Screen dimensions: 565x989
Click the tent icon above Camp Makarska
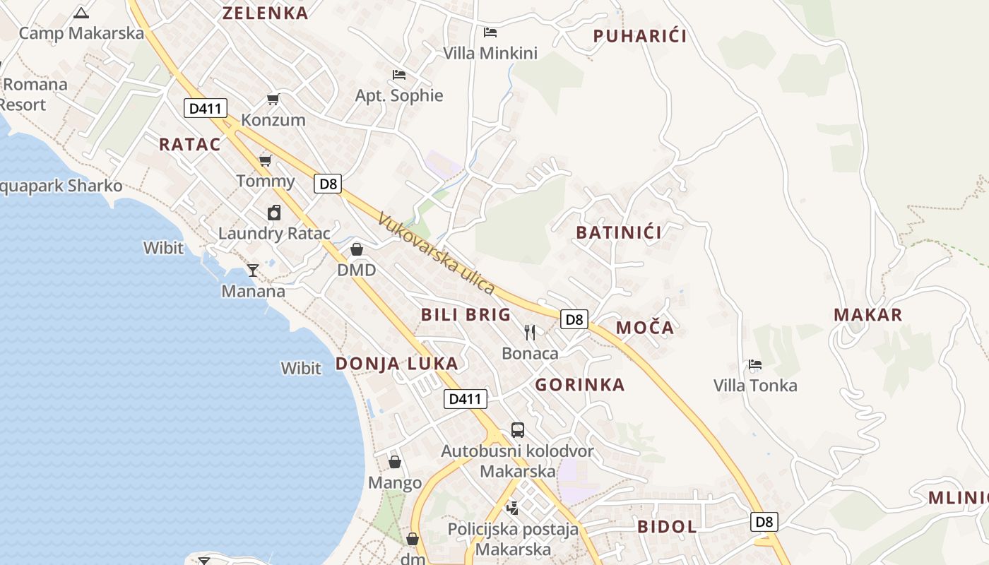82,13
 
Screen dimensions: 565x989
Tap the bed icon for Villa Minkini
490,32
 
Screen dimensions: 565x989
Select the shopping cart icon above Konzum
273,100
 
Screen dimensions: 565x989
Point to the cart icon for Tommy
266,161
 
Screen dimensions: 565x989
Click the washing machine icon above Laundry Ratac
274,213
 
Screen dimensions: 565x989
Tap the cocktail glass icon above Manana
252,270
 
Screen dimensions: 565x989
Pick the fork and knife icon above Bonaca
530,332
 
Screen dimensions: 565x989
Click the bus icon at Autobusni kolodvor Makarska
518,430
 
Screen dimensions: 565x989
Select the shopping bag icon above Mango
395,462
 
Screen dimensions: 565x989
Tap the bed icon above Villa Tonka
755,365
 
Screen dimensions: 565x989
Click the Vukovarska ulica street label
436,253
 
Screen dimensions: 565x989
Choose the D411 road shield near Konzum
206,109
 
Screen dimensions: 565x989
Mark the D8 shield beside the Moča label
575,319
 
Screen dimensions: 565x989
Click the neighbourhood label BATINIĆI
619,232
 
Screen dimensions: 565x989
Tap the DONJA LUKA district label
396,364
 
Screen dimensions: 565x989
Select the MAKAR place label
868,315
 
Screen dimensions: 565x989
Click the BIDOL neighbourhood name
667,526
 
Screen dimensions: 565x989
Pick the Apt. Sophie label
399,95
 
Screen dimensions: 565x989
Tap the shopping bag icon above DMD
357,249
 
